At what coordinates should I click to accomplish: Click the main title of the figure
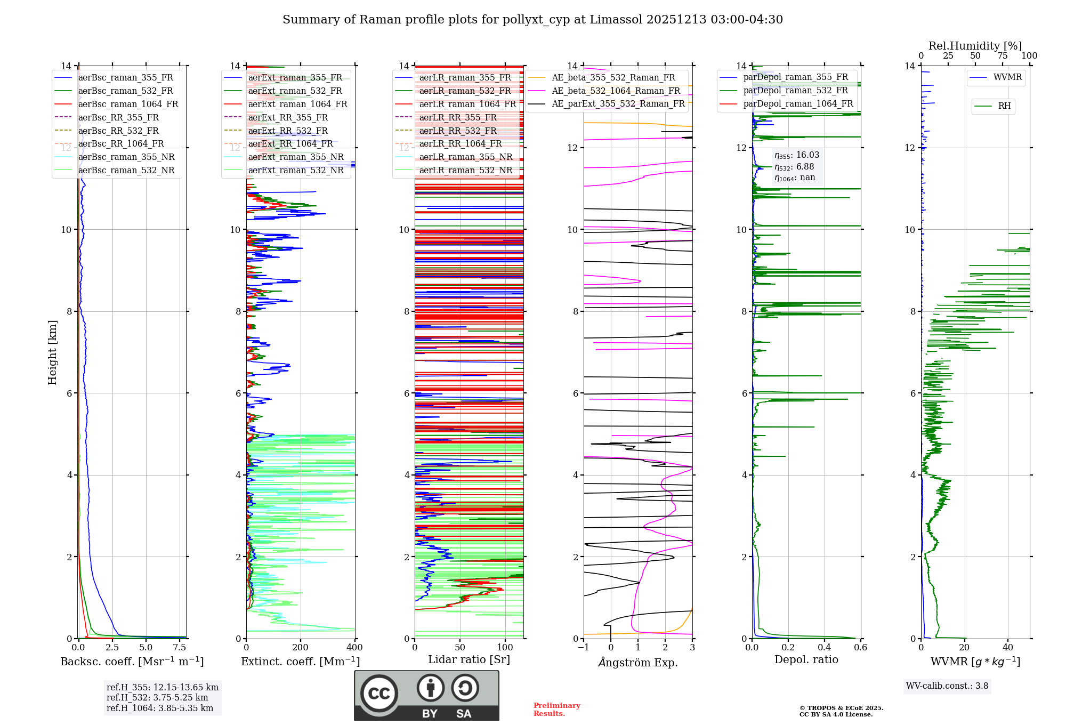[x=532, y=20]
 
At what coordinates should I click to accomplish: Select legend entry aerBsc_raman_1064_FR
[x=128, y=104]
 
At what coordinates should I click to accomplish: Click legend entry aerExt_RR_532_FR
[x=288, y=131]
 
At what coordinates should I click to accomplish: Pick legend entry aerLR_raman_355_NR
[x=465, y=157]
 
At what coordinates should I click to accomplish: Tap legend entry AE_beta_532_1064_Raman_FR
[x=616, y=91]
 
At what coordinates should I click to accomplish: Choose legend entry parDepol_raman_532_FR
[x=795, y=90]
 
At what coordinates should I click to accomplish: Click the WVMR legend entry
[x=1007, y=77]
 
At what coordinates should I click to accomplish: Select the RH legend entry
[x=1004, y=106]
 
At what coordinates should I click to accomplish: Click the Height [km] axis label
[x=52, y=352]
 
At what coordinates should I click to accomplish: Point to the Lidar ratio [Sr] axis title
[x=469, y=659]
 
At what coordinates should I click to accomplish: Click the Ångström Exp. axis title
[x=638, y=662]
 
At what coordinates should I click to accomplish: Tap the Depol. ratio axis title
[x=806, y=659]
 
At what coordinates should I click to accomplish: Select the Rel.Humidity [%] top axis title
[x=975, y=46]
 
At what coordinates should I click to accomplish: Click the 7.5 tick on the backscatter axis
[x=180, y=647]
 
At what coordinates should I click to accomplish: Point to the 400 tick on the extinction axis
[x=354, y=647]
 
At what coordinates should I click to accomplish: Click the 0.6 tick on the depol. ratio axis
[x=860, y=647]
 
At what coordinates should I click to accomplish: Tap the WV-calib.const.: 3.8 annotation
[x=947, y=686]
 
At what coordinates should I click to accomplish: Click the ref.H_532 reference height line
[x=157, y=697]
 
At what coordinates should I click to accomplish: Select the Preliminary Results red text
[x=556, y=710]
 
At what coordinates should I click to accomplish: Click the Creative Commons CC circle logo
[x=379, y=693]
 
